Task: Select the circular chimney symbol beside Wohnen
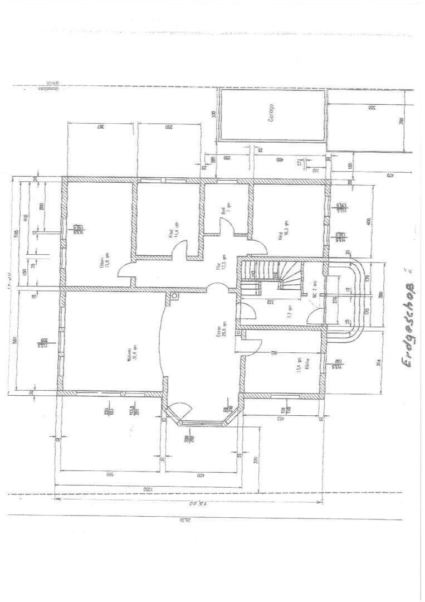coord(174,296)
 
